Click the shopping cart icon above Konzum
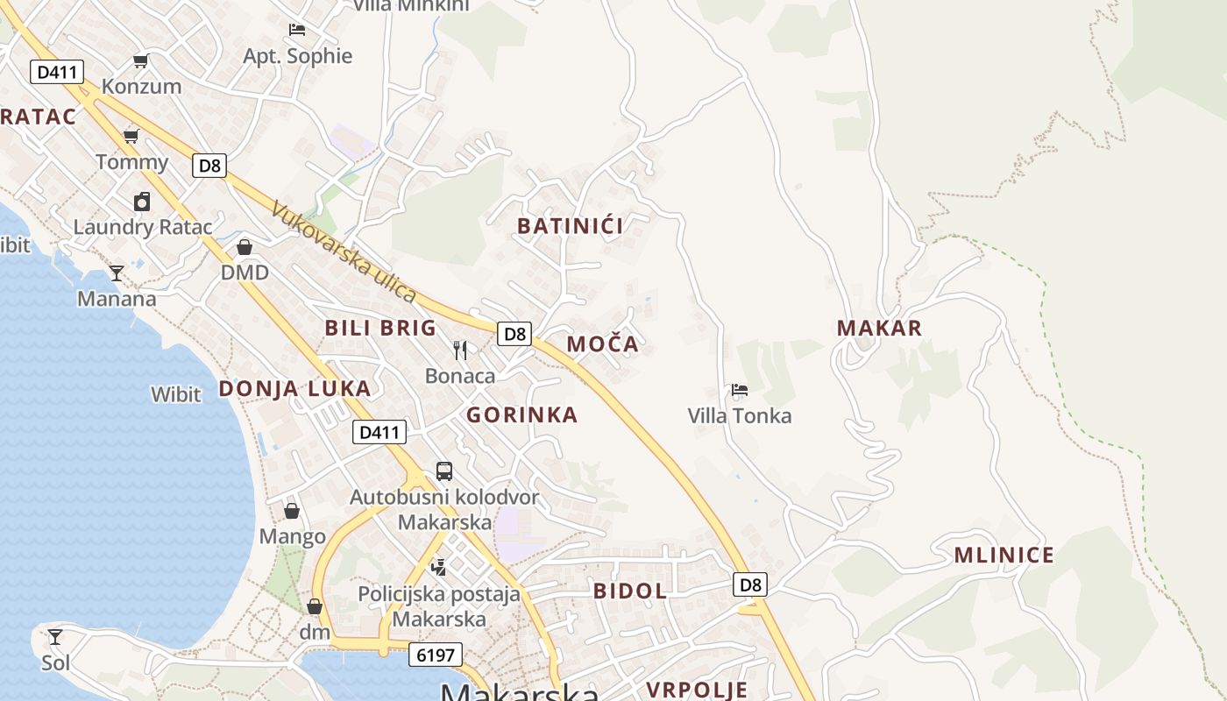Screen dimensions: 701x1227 [x=140, y=60]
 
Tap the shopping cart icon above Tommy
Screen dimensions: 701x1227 [x=131, y=136]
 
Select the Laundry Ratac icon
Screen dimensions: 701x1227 [x=142, y=202]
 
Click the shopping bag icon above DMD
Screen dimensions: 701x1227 [x=245, y=247]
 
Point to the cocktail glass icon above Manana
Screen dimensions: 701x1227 [x=116, y=273]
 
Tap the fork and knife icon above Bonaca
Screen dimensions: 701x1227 [x=460, y=350]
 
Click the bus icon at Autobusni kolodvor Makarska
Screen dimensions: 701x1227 [x=444, y=471]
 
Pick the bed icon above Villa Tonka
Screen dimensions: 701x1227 [x=740, y=390]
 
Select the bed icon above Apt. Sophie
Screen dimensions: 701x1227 [x=297, y=30]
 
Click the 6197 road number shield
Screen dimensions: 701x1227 [x=435, y=655]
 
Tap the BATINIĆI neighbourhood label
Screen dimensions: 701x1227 [x=571, y=226]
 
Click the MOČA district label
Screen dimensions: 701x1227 [x=603, y=344]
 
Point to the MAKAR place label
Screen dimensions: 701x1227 [x=879, y=329]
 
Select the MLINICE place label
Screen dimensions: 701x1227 [x=1004, y=555]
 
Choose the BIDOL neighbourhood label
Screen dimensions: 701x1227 [x=630, y=591]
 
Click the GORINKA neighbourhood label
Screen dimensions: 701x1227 [x=521, y=414]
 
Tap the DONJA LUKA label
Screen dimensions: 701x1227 [x=294, y=388]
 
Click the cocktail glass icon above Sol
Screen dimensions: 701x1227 [x=55, y=636]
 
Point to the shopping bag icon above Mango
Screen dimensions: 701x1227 [x=292, y=511]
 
